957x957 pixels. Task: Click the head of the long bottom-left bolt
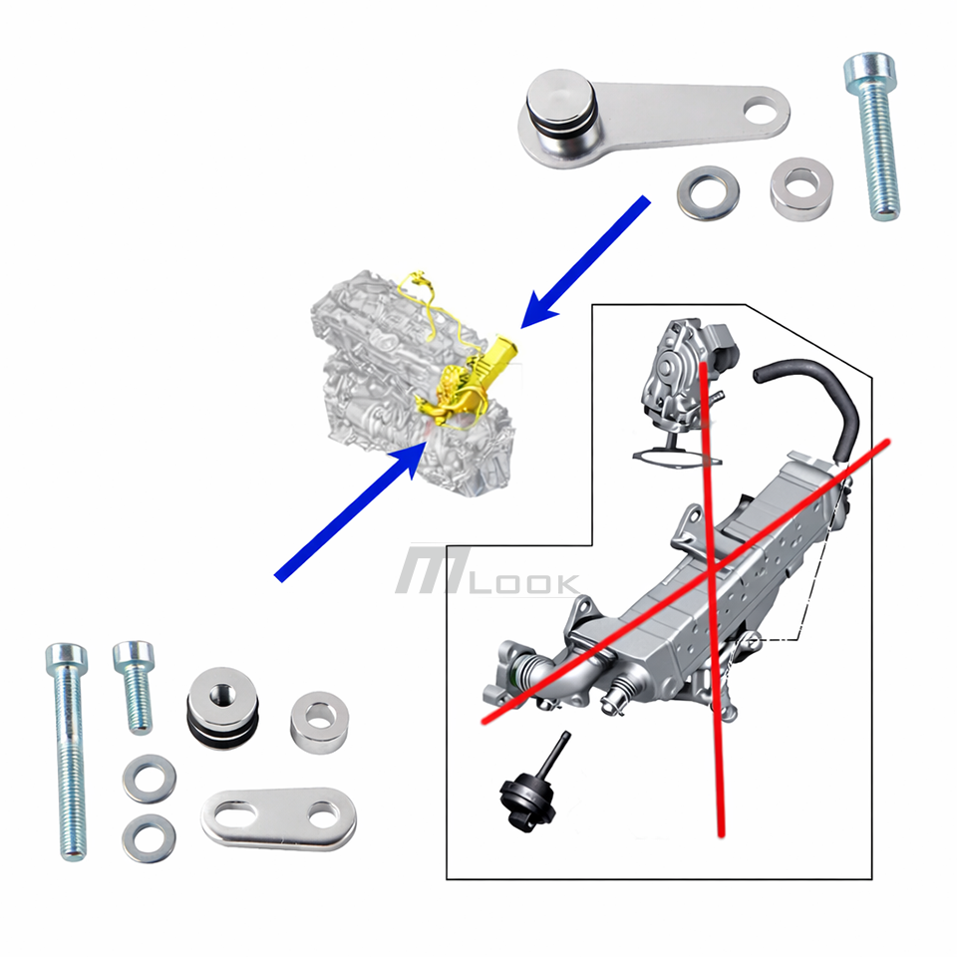point(66,659)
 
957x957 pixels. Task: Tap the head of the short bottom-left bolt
point(133,655)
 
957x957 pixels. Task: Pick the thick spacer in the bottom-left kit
point(319,720)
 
